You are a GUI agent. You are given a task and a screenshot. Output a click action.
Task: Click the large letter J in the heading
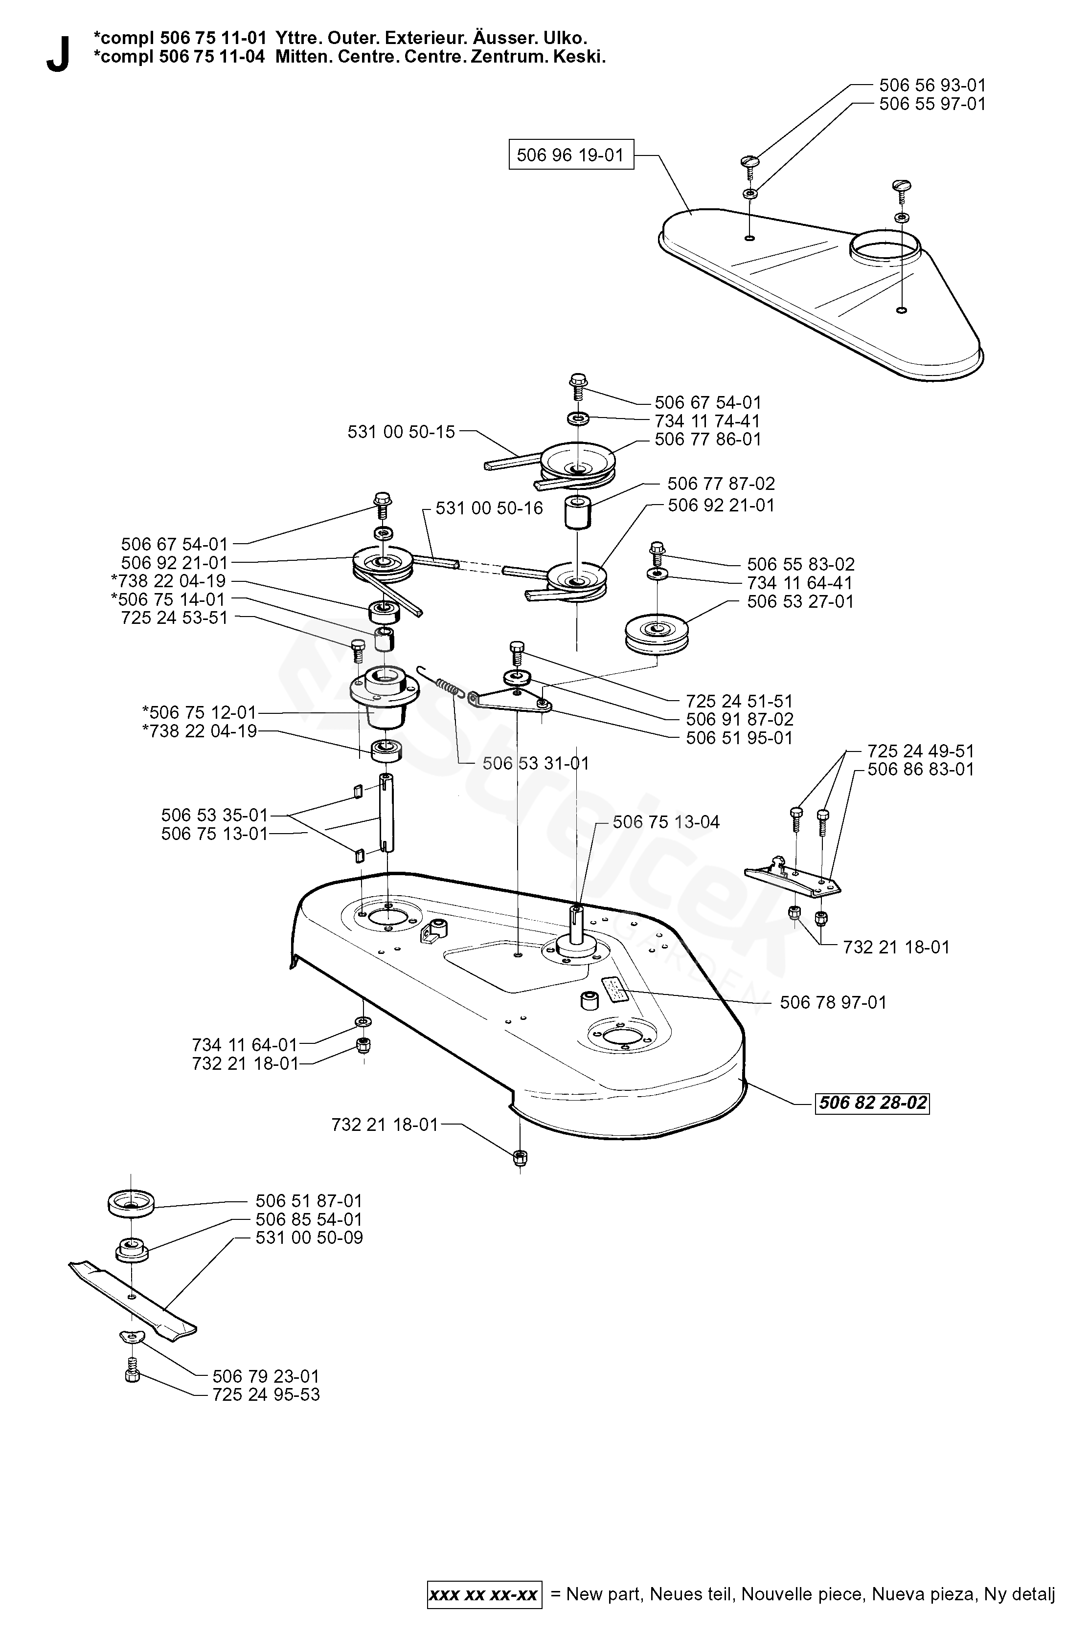pos(58,56)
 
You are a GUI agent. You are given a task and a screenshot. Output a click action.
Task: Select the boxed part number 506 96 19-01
pos(570,155)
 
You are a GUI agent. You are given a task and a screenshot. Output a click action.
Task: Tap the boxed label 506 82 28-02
pos(872,1103)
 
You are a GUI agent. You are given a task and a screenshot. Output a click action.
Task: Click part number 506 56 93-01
pos(932,86)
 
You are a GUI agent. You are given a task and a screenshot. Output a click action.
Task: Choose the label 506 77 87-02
pos(721,483)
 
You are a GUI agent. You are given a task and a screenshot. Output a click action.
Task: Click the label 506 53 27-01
pos(800,601)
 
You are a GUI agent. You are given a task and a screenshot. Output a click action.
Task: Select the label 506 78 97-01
pos(833,1002)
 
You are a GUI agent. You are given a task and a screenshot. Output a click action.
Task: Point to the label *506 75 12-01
pos(199,712)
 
